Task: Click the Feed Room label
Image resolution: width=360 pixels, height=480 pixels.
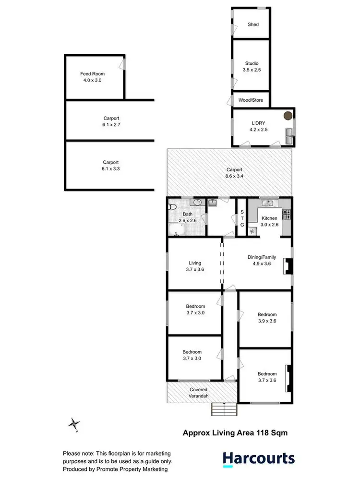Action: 92,74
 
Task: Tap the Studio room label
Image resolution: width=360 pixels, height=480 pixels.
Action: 252,63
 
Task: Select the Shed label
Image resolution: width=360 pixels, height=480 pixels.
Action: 252,24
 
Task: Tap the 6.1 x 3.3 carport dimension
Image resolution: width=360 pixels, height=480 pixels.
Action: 110,168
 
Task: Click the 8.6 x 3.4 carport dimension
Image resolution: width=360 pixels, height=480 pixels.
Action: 235,176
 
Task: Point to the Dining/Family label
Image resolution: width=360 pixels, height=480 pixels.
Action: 262,257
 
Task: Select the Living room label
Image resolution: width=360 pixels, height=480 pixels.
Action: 195,263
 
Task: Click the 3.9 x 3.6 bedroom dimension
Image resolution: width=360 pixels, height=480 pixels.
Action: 267,321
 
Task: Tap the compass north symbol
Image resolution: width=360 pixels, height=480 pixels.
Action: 74,424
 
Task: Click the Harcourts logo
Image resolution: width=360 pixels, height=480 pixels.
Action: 259,458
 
